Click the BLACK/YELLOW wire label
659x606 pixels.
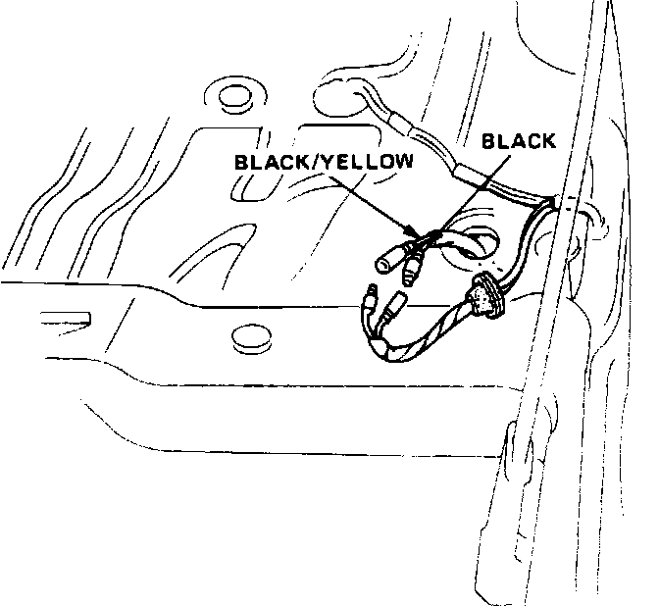click(x=323, y=161)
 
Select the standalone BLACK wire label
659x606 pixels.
click(x=519, y=141)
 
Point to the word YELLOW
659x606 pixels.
click(x=368, y=161)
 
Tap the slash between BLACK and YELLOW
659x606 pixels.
click(x=318, y=161)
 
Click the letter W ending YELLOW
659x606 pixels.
click(x=403, y=161)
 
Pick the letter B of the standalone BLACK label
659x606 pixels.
click(x=487, y=141)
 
